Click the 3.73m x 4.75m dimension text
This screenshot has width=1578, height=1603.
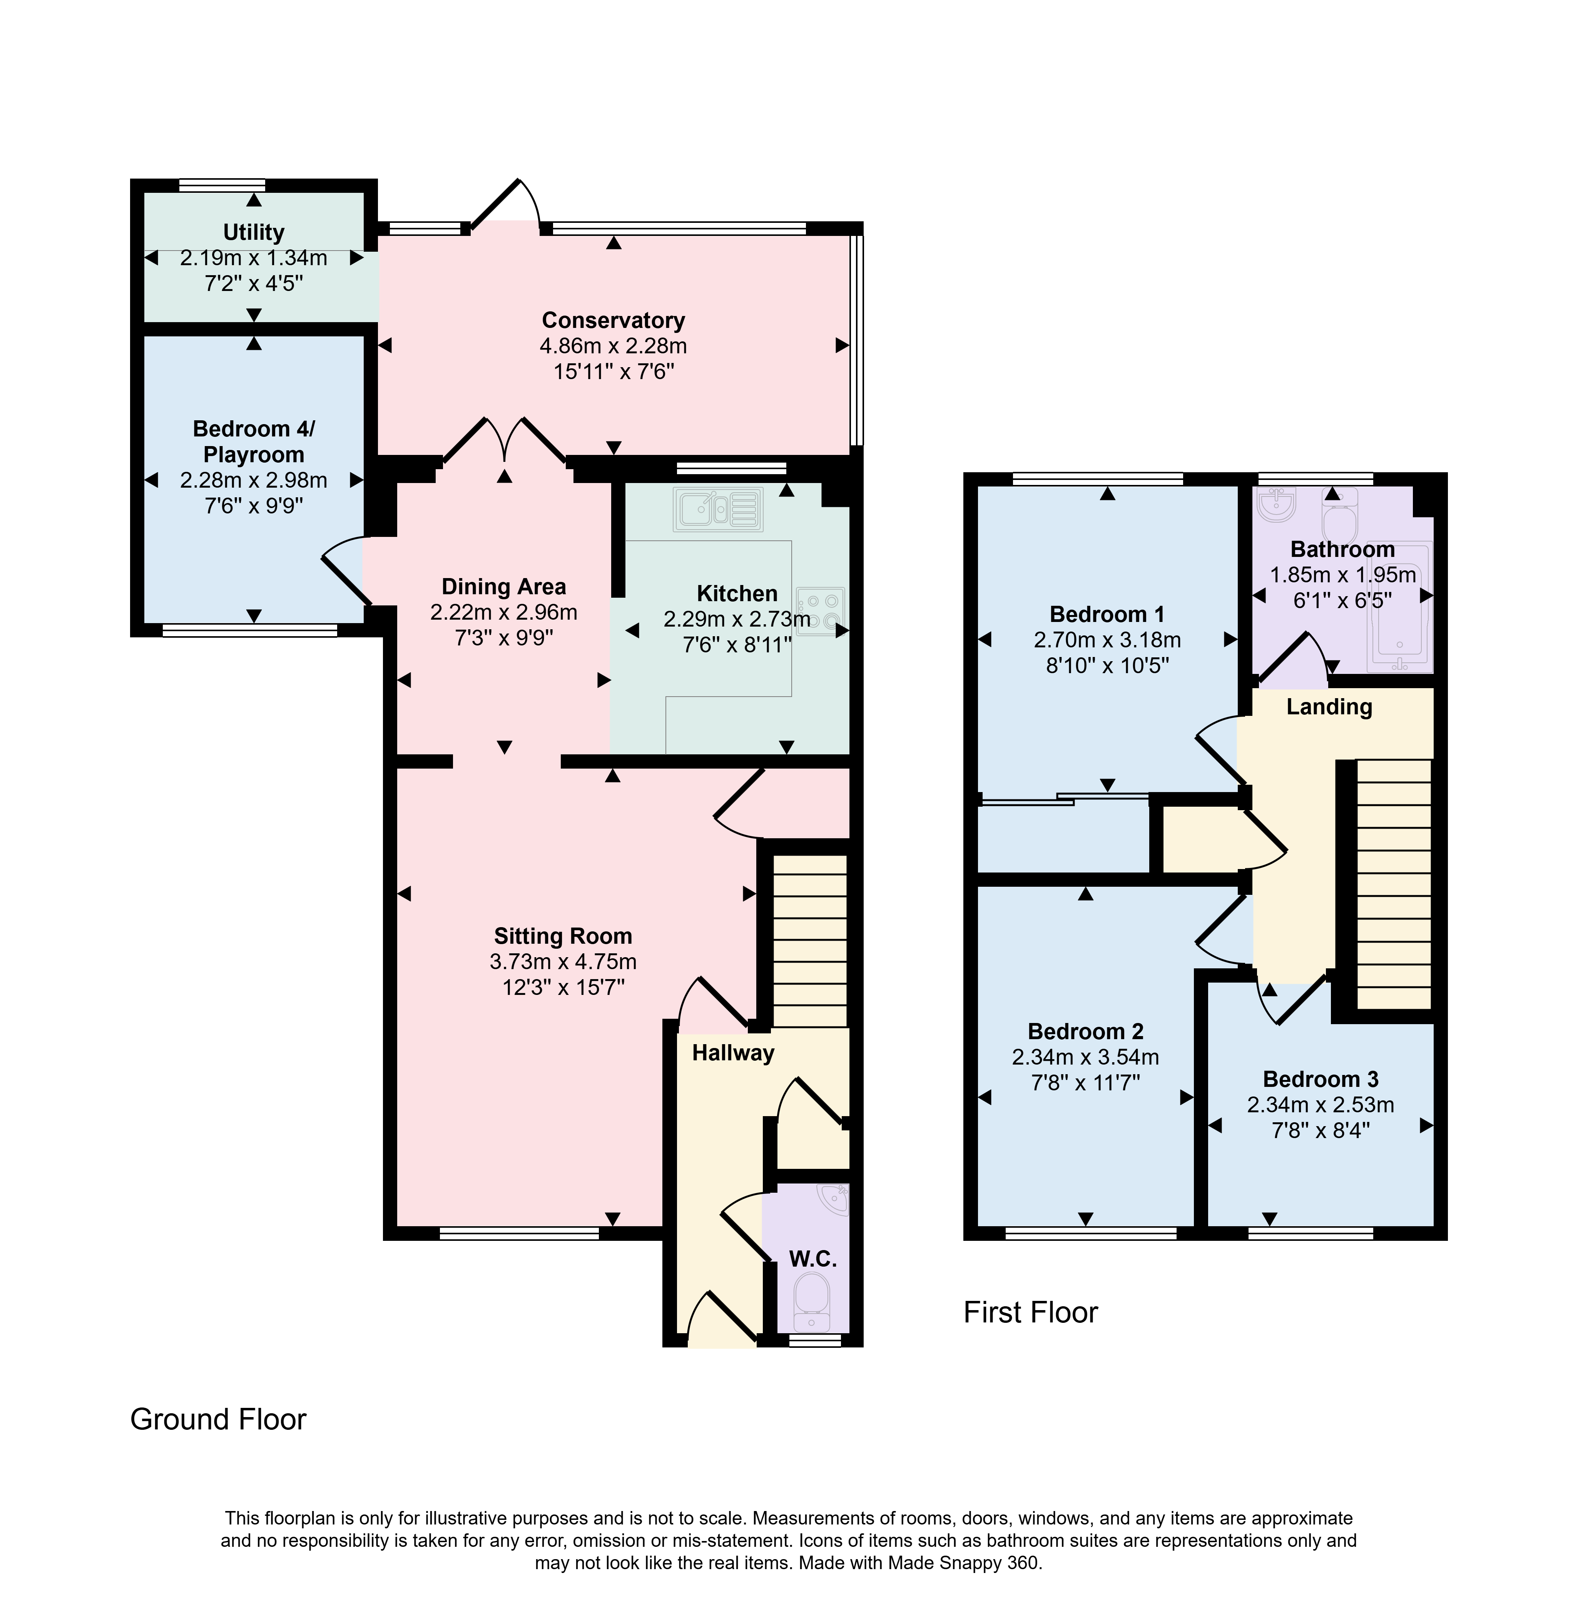pos(563,961)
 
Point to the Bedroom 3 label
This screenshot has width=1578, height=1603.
pos(1321,1079)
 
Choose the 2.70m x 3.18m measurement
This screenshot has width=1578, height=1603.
pos(1107,640)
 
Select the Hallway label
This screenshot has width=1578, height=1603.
pos(734,1053)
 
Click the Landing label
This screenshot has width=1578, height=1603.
pos(1329,707)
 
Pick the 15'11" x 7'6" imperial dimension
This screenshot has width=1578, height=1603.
pos(614,371)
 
